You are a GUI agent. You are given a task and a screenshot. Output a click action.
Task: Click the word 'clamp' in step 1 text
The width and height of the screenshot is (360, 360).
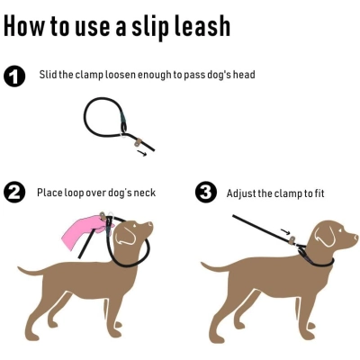pyautogui.click(x=96, y=75)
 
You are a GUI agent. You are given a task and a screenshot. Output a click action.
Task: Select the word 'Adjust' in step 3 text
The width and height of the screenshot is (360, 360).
pyautogui.click(x=240, y=193)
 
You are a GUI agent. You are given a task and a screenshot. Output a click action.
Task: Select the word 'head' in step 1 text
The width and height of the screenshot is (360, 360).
pyautogui.click(x=243, y=75)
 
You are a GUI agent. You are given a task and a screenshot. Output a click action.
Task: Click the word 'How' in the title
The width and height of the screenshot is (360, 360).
pyautogui.click(x=24, y=26)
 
